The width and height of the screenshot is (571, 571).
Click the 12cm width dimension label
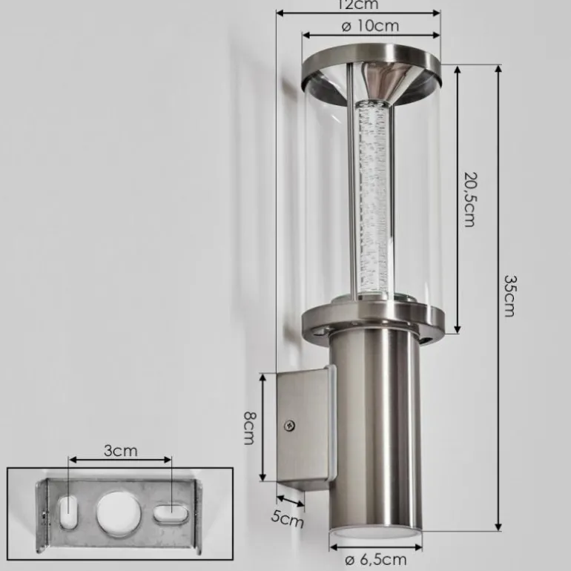pyautogui.click(x=358, y=4)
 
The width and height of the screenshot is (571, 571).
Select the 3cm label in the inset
pyautogui.click(x=119, y=450)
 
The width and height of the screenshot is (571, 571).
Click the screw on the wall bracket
pyautogui.click(x=289, y=426)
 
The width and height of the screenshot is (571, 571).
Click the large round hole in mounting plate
pyautogui.click(x=113, y=512)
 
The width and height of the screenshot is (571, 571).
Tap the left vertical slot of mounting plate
pyautogui.click(x=67, y=512)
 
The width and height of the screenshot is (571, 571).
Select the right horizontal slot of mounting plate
pyautogui.click(x=170, y=512)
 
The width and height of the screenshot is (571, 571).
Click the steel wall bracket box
pyautogui.click(x=303, y=426)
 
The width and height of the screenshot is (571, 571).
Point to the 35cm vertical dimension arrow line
pyautogui.click(x=496, y=297)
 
